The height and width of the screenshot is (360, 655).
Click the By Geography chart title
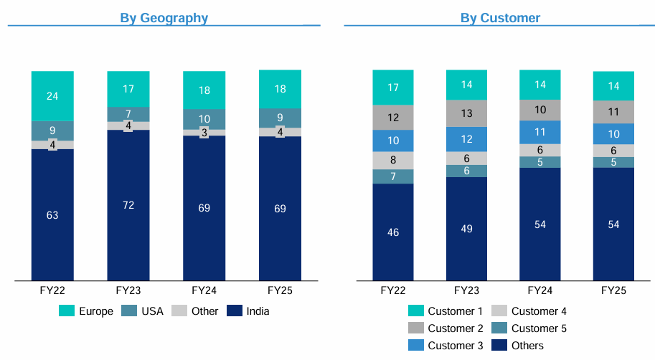(x=164, y=18)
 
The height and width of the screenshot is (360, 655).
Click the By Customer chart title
(x=500, y=18)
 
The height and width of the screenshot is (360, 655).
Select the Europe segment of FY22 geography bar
(x=52, y=95)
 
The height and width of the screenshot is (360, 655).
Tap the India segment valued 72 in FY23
(x=128, y=204)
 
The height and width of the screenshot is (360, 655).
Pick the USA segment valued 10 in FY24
(x=204, y=119)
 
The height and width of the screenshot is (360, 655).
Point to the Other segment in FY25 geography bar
(x=280, y=132)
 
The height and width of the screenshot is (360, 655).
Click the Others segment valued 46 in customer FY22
(x=393, y=232)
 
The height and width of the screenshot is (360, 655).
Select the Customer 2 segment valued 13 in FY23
(x=467, y=113)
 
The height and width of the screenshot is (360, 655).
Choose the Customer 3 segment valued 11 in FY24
(x=540, y=132)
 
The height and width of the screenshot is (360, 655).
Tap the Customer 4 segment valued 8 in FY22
(x=393, y=160)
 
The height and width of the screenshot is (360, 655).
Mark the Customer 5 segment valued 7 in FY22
(x=393, y=176)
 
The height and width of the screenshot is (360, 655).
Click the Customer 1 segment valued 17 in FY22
(x=393, y=87)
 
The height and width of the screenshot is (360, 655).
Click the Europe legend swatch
(x=67, y=311)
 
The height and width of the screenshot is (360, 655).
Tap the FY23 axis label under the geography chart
(x=128, y=290)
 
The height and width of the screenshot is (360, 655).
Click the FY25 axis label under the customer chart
(x=613, y=290)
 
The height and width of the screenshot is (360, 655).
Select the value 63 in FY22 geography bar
(x=52, y=215)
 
